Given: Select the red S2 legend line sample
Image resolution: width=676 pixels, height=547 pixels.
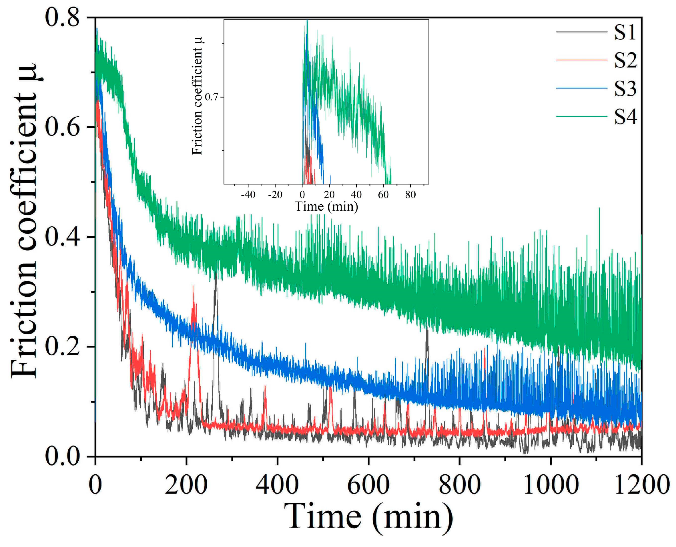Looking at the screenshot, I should click(581, 60).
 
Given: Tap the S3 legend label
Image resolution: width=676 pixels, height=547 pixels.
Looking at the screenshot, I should click(625, 89).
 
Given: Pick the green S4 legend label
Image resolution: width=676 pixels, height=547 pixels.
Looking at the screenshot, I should click(625, 117).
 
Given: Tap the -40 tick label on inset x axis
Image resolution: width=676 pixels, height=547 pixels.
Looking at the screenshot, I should click(248, 195).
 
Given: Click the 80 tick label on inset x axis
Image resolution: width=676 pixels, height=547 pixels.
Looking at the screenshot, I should click(410, 195).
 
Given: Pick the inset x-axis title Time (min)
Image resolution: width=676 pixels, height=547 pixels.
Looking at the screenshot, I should click(326, 207).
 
